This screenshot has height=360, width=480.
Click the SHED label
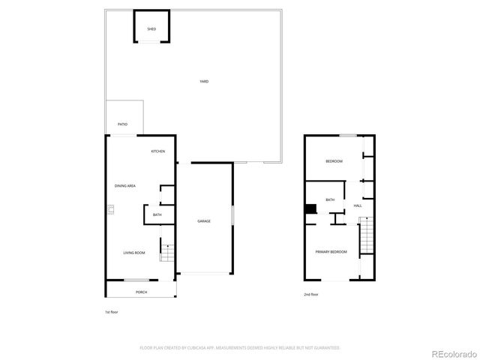151,28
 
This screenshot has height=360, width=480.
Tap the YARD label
204,81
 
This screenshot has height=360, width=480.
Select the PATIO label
122,124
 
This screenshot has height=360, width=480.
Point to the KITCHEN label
158,151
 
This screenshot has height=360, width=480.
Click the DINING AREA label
124,185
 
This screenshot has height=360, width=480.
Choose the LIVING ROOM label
134,253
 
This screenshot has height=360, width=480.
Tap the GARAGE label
204,221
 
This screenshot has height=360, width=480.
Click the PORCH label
141,292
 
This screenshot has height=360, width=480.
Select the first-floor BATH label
157,215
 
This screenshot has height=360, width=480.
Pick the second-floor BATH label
330,199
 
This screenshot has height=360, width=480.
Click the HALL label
358,205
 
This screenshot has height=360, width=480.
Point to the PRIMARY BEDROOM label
331,251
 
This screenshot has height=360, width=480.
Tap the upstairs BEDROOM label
334,162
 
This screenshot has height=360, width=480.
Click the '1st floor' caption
112,311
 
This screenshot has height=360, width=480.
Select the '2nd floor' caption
311,295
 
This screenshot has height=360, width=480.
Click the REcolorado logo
451,353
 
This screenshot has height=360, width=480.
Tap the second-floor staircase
366,236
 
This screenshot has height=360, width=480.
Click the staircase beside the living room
166,251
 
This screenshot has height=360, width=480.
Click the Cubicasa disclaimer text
240,348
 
